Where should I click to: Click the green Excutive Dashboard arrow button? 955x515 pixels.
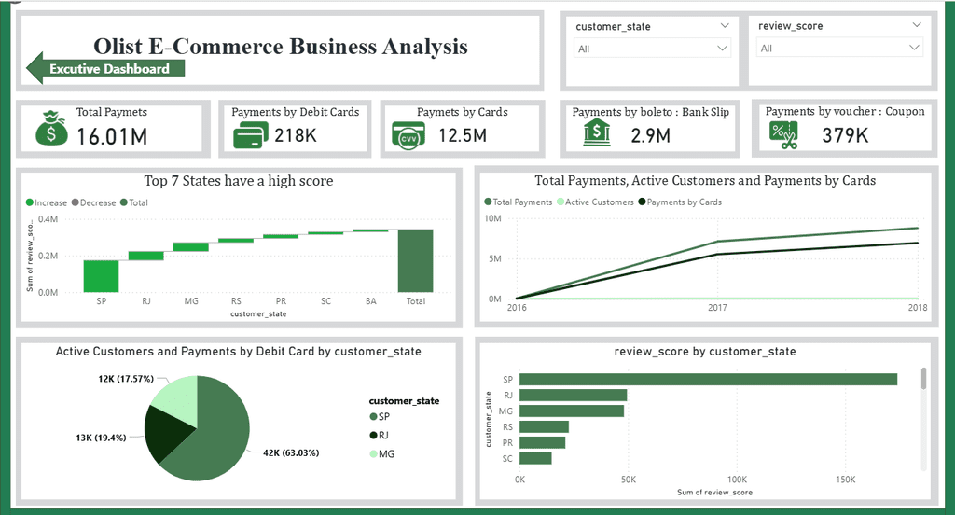(105, 68)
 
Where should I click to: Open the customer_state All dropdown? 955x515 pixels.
(652, 49)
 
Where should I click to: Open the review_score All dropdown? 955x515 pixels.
(839, 48)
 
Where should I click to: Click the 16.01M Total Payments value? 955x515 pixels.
(112, 136)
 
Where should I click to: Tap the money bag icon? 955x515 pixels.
(52, 128)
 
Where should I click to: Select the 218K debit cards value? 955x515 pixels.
(296, 135)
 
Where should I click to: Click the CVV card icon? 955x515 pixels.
(408, 136)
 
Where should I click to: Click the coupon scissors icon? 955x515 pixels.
(783, 134)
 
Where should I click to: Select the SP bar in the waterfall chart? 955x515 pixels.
(101, 276)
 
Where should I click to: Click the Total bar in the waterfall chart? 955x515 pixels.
(415, 261)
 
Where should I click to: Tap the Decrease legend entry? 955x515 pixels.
(94, 203)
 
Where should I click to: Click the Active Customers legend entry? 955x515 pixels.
(595, 202)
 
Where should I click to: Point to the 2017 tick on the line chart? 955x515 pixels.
(717, 308)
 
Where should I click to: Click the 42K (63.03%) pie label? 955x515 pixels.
(291, 452)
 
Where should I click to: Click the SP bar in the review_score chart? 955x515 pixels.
(709, 379)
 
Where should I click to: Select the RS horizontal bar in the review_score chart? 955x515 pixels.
(544, 426)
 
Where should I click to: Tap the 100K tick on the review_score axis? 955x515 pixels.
(737, 480)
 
